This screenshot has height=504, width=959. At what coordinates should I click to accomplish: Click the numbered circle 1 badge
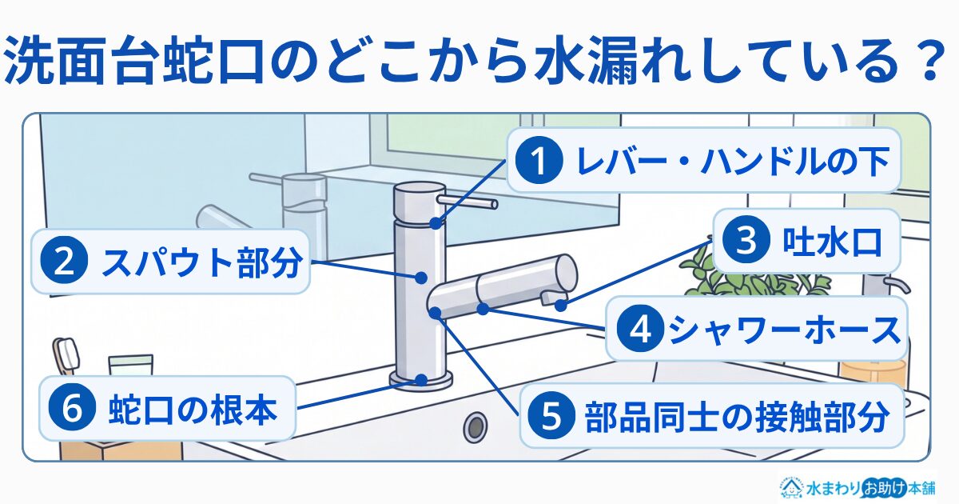[539, 160]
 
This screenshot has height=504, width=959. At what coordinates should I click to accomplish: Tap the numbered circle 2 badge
[64, 262]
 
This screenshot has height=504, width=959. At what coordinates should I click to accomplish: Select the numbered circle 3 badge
[746, 241]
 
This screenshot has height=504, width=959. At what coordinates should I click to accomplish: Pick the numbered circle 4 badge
[640, 329]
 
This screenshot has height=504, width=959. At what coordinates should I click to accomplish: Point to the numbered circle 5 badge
[551, 416]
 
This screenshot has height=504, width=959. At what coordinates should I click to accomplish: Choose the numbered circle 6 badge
[72, 409]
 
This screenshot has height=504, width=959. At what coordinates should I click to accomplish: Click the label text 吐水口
[832, 242]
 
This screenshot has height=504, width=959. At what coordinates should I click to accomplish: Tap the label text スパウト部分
[201, 262]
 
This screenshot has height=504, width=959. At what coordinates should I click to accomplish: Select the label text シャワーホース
[784, 330]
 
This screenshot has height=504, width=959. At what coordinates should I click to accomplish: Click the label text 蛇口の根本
[193, 410]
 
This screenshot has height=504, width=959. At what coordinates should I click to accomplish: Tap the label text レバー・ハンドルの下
[733, 161]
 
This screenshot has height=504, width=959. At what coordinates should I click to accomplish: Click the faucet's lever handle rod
[468, 202]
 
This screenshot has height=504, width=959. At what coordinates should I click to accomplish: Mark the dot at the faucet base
[421, 380]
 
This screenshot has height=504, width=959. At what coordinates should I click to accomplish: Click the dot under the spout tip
[560, 306]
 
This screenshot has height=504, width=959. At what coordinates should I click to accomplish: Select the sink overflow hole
[476, 426]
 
